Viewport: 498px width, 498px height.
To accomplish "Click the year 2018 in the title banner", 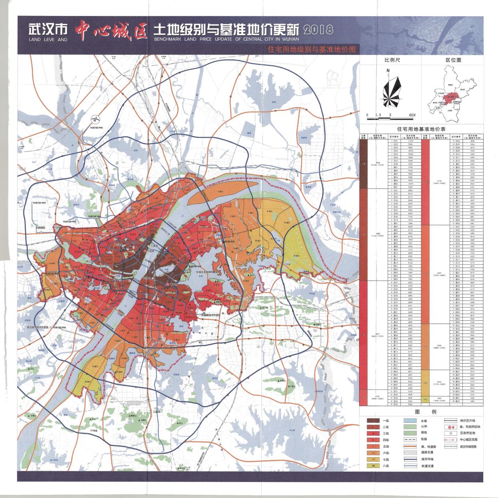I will [319, 30].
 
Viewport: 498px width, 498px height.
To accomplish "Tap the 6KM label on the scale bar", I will [412, 115].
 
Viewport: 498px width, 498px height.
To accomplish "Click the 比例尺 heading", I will [392, 60].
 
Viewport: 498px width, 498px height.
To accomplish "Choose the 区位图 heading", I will [453, 60].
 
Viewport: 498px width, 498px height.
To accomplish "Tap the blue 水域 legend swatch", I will [411, 421].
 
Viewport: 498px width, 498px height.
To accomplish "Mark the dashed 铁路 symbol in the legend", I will [411, 439].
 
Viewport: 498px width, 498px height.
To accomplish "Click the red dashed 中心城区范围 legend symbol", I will [450, 439].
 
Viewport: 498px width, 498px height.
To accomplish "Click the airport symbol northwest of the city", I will [95, 119].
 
